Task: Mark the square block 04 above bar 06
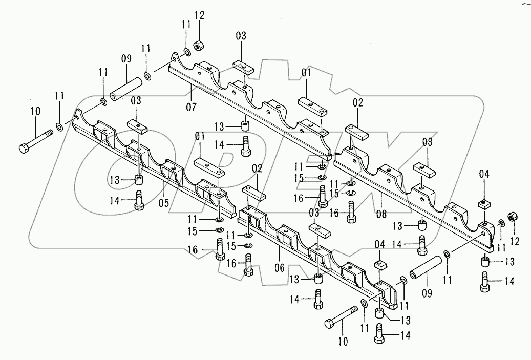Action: [x=380, y=265]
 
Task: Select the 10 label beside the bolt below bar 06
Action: [x=344, y=341]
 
